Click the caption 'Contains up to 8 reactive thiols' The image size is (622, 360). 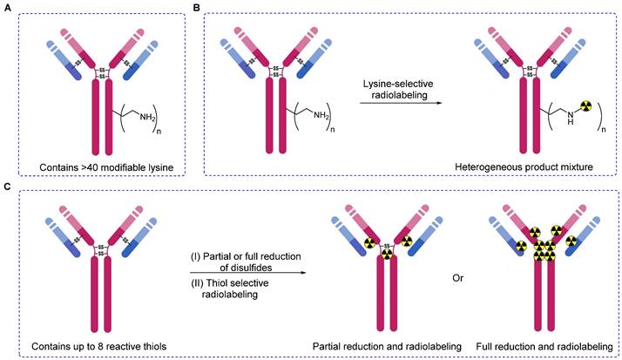101,348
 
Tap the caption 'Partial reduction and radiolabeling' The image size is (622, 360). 388,348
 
